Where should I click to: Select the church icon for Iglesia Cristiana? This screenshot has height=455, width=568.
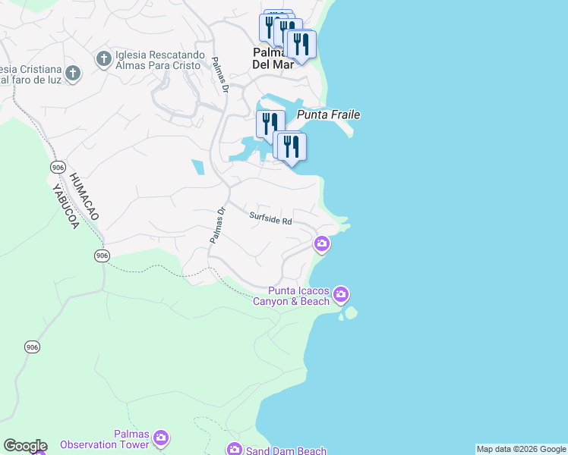(73, 74)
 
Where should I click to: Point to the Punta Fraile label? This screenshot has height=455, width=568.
(328, 115)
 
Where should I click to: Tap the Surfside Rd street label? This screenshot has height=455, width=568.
(271, 219)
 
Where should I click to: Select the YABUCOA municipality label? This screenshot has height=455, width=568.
(65, 205)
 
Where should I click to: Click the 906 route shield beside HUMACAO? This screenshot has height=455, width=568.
(58, 166)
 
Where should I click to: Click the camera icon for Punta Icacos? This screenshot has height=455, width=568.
(341, 293)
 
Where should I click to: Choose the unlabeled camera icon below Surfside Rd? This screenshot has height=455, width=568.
(321, 243)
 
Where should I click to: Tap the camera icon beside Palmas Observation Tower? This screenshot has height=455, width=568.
(160, 438)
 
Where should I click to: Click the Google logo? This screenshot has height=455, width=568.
(25, 446)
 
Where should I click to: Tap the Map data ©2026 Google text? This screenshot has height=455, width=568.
(521, 449)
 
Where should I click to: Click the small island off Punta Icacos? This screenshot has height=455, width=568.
(350, 312)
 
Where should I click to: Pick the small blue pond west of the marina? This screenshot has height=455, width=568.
(198, 167)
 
